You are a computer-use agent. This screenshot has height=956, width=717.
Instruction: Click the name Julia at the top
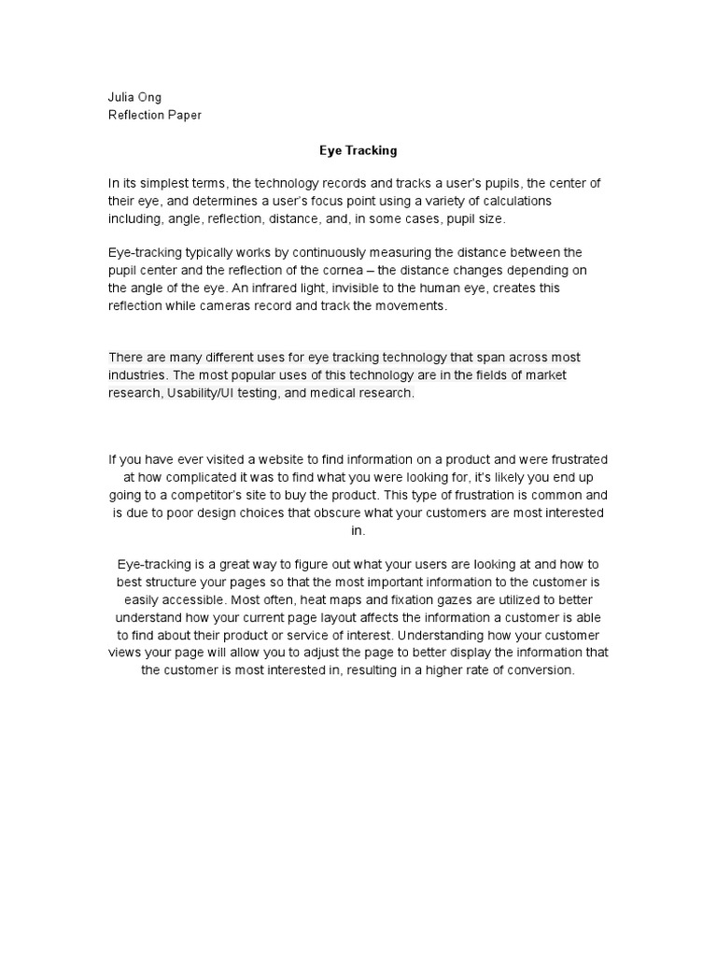pos(122,98)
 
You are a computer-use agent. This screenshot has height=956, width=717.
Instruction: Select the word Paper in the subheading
pos(182,115)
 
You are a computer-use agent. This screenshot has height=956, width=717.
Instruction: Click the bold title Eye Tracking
pos(358,149)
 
